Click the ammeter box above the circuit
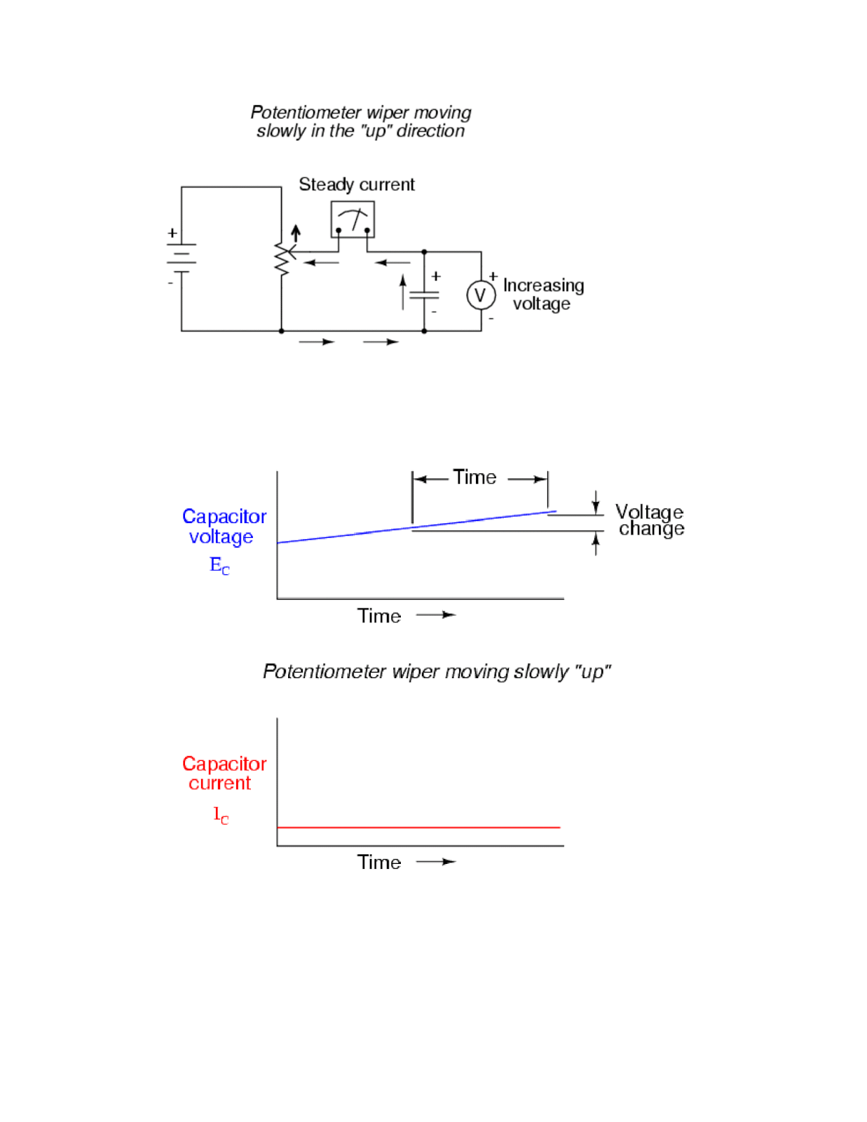click(352, 219)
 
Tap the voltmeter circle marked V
click(481, 295)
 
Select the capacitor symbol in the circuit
click(424, 295)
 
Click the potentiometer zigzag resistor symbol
click(282, 259)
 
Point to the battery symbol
click(181, 257)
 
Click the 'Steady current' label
click(356, 184)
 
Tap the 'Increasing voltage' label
click(542, 295)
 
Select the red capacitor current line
click(418, 827)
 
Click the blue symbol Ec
click(219, 565)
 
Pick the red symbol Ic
click(221, 815)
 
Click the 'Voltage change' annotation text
click(650, 520)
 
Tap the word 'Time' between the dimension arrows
click(475, 478)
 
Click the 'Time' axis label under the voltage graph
click(379, 616)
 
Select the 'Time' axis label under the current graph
click(379, 862)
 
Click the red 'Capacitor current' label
click(224, 773)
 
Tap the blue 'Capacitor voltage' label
click(224, 526)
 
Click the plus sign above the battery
click(172, 233)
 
